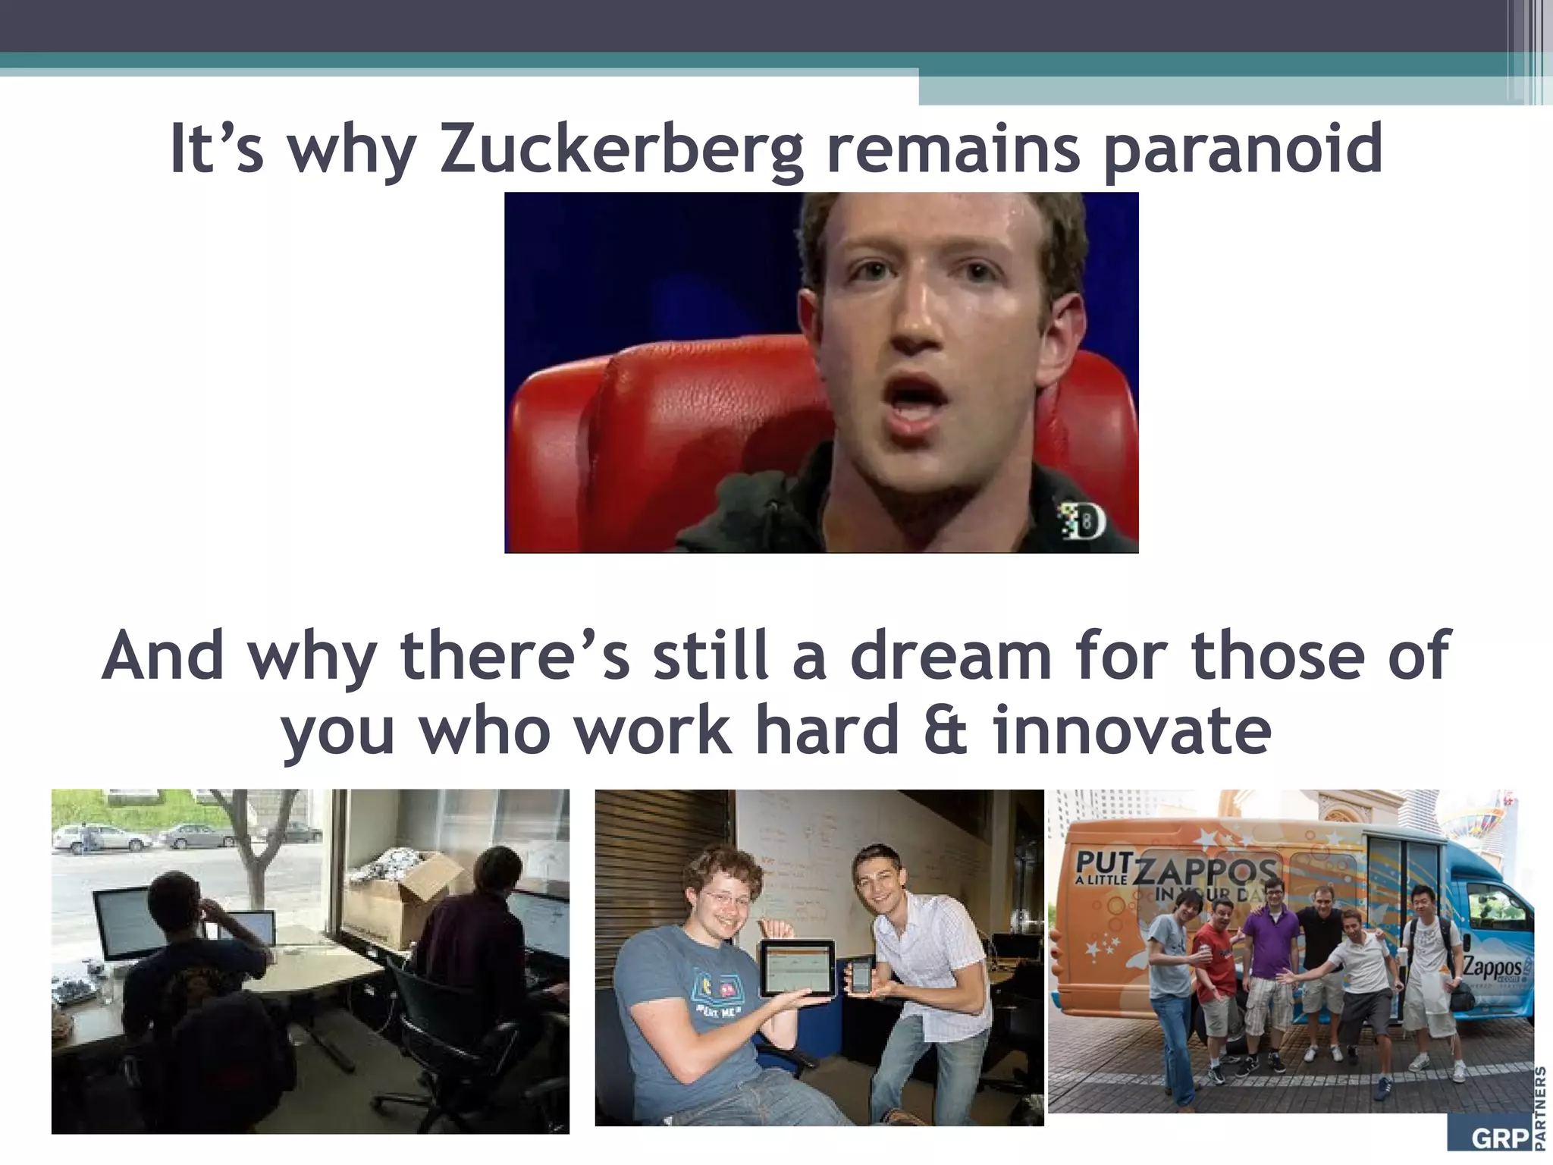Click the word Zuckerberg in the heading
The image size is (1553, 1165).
[620, 149]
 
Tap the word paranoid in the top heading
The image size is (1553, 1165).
[1241, 149]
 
